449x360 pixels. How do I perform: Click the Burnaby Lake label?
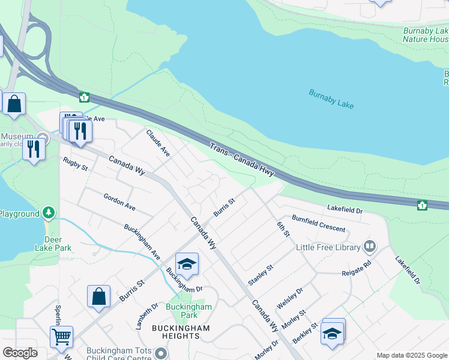331,99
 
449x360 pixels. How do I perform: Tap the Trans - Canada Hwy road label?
242,160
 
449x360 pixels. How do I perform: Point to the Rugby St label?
76,163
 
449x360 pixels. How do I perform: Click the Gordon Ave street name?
119,202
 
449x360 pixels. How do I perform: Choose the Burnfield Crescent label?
318,224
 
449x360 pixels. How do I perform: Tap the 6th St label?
283,229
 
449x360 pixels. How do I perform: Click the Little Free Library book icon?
370,247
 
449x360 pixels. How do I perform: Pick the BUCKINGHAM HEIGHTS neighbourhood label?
180,332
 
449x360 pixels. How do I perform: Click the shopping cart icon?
61,337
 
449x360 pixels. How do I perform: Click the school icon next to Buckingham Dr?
187,265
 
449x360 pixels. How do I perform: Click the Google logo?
20,353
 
